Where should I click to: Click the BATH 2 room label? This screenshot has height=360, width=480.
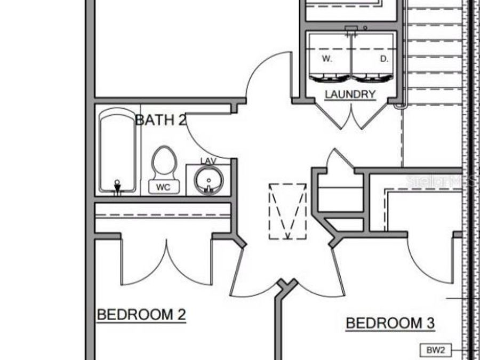161,119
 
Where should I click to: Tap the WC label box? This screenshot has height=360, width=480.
164,187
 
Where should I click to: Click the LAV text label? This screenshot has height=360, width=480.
208,161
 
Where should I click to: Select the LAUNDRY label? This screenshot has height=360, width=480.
350,94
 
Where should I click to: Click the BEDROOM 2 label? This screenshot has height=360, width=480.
141,315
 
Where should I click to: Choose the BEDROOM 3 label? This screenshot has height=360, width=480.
390,323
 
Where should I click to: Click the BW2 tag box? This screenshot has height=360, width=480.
435,350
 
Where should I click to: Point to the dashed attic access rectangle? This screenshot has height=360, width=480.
287,211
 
